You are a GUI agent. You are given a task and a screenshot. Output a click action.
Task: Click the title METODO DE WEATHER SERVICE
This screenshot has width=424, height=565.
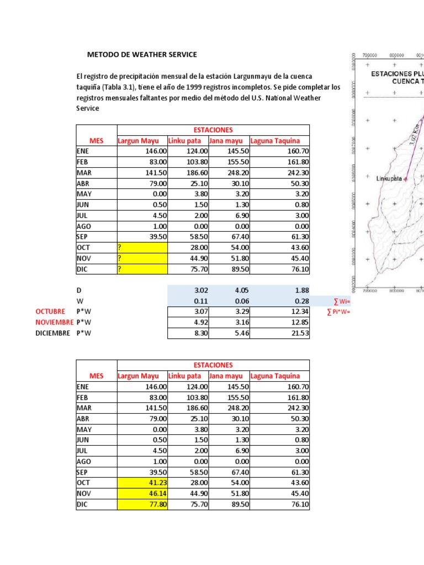pyautogui.click(x=142, y=55)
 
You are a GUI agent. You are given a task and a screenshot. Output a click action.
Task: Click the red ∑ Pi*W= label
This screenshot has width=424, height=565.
pyautogui.click(x=338, y=312)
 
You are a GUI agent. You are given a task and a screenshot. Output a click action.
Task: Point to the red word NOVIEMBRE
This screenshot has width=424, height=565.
pyautogui.click(x=54, y=322)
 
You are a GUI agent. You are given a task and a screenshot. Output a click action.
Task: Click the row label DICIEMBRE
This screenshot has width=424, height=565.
pyautogui.click(x=54, y=333)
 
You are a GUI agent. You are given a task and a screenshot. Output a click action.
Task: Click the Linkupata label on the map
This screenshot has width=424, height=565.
pyautogui.click(x=389, y=179)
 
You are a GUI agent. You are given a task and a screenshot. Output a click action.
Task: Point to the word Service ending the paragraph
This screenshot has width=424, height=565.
pyautogui.click(x=88, y=108)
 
